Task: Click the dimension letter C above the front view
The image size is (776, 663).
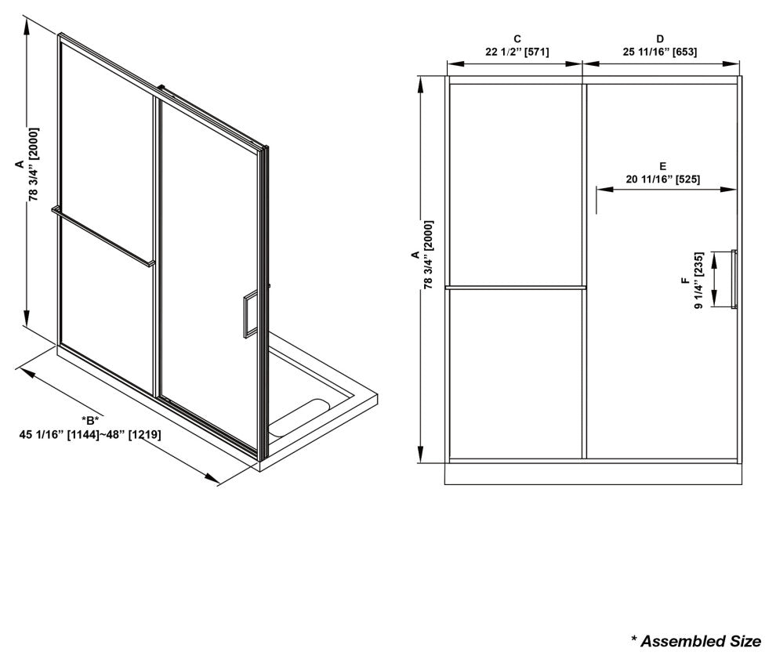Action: [x=517, y=39]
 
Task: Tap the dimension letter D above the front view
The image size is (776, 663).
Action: [x=660, y=39]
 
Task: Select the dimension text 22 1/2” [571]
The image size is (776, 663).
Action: [x=517, y=52]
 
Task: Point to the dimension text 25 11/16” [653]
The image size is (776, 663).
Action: [x=660, y=52]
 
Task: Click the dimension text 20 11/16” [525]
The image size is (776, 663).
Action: [x=662, y=179]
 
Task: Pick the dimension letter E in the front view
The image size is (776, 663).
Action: [x=662, y=166]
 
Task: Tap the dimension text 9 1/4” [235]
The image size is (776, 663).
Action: [x=699, y=281]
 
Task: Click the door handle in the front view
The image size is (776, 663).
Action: [x=734, y=280]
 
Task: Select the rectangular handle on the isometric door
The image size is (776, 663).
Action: [x=250, y=314]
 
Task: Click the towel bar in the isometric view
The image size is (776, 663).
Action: [x=103, y=236]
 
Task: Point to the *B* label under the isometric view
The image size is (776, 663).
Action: [x=90, y=421]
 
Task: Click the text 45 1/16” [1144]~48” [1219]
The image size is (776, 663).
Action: [x=90, y=435]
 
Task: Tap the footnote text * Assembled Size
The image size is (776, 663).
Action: [x=696, y=642]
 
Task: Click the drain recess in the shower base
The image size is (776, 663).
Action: [x=300, y=418]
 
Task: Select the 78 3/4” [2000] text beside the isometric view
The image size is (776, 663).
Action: [x=34, y=165]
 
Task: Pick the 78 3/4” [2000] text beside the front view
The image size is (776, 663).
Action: [x=429, y=255]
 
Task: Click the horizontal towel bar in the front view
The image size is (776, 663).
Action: [x=515, y=287]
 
